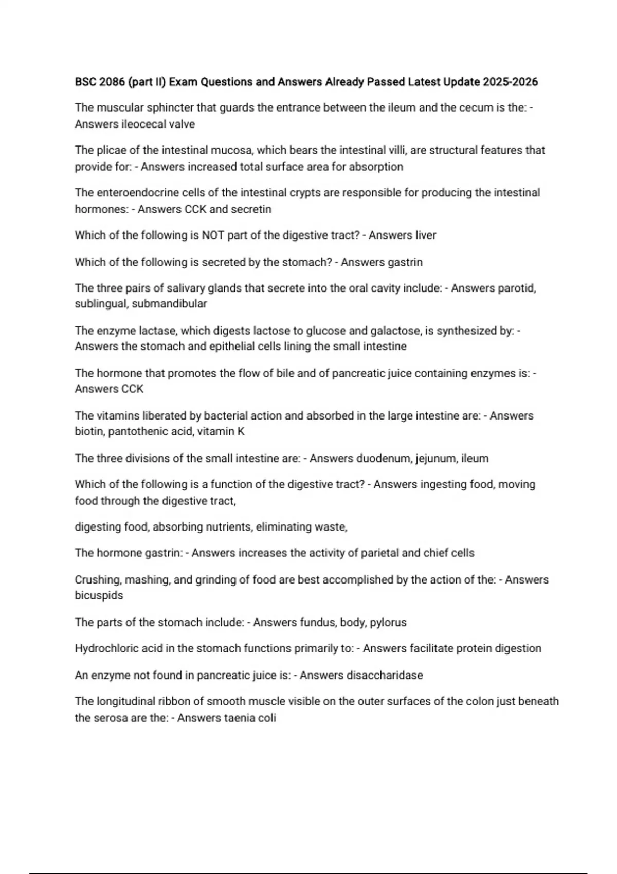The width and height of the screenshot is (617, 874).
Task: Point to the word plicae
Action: (x=111, y=150)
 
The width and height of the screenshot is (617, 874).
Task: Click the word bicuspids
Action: (x=99, y=595)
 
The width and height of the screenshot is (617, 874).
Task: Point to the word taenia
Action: (x=239, y=718)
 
